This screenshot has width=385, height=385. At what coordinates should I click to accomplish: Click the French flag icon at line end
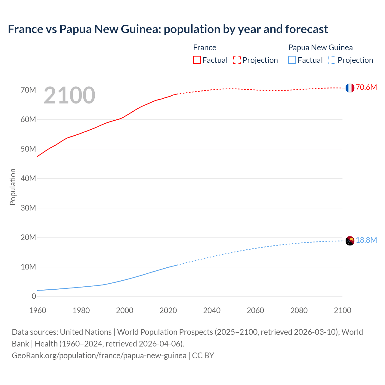(350, 88)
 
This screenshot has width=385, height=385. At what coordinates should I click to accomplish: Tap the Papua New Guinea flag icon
(350, 241)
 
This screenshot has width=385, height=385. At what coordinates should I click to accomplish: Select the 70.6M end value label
(366, 88)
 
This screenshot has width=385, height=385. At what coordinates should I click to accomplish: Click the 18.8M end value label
(366, 240)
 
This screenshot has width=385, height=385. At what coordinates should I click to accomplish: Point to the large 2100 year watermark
(69, 95)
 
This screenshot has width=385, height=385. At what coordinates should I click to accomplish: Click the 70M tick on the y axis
(28, 90)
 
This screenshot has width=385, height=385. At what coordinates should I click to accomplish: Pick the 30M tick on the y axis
(28, 208)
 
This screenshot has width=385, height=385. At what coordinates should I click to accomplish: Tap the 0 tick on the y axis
(34, 296)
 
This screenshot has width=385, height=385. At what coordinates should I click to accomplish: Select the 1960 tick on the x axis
(38, 310)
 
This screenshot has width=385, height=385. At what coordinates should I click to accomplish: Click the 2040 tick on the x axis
(212, 310)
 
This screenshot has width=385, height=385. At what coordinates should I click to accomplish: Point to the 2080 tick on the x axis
(299, 310)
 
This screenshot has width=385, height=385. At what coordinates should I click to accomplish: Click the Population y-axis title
(13, 187)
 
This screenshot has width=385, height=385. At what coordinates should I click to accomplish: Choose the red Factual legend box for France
(197, 60)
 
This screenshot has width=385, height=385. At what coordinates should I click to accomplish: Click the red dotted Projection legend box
(237, 60)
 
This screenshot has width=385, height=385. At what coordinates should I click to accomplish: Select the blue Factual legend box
(292, 60)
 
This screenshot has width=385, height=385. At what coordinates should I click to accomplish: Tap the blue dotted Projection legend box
(332, 60)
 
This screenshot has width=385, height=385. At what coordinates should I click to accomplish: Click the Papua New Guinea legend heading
(320, 48)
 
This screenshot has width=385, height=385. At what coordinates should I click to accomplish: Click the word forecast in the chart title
(306, 29)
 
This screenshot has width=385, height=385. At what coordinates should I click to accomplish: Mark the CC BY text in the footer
(203, 355)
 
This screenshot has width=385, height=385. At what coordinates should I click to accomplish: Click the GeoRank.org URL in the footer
(99, 355)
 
